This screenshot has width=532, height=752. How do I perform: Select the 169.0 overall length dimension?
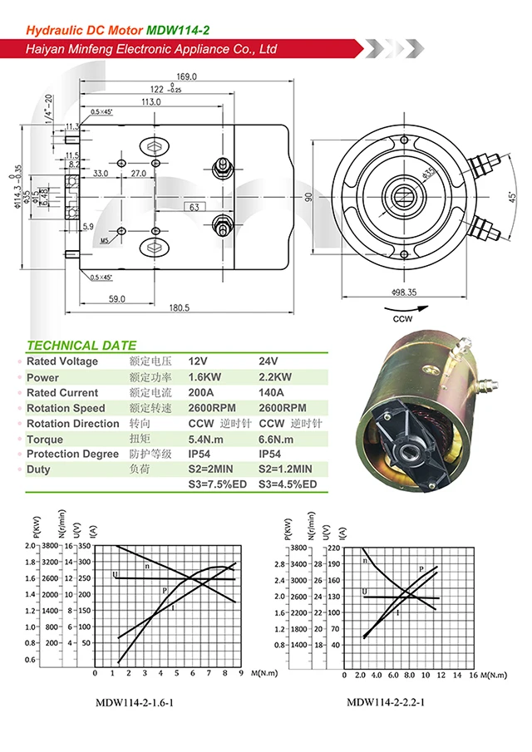pyautogui.click(x=187, y=76)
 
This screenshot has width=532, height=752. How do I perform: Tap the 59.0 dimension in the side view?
pyautogui.click(x=116, y=298)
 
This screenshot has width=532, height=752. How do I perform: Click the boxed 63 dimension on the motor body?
pyautogui.click(x=193, y=206)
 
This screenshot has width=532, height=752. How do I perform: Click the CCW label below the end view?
pyautogui.click(x=405, y=317)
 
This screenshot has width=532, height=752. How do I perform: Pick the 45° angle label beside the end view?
pyautogui.click(x=513, y=197)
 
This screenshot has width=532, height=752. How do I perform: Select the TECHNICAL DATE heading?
pyautogui.click(x=81, y=345)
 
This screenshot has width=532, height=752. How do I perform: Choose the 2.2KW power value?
pyautogui.click(x=276, y=377)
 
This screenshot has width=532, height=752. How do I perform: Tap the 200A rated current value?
pyautogui.click(x=202, y=393)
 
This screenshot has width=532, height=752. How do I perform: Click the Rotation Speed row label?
pyautogui.click(x=66, y=408)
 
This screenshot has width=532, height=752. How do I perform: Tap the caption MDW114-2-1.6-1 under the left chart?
pyautogui.click(x=135, y=703)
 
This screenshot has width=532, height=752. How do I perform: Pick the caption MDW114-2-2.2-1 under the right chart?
pyautogui.click(x=386, y=703)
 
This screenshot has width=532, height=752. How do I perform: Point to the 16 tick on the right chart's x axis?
pyautogui.click(x=473, y=676)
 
